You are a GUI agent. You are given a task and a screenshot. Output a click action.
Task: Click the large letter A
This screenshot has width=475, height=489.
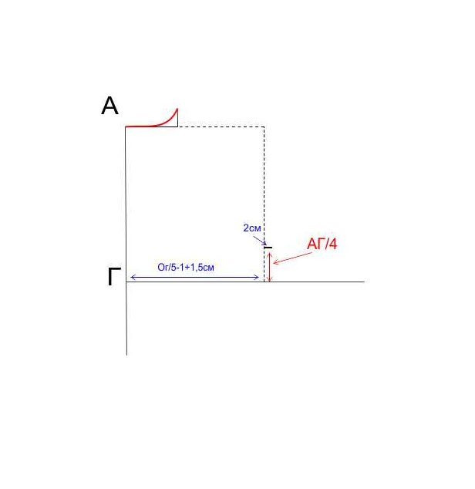coord(109,106)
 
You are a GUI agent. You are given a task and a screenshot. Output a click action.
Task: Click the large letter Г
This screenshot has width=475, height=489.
coord(114,276)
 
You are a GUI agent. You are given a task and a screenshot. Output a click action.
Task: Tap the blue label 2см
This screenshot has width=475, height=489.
coord(251,228)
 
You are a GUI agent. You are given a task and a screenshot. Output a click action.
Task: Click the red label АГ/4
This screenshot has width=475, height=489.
coord(322,244)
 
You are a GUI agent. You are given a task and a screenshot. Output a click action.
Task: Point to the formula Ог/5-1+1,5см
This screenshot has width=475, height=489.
coord(186,267)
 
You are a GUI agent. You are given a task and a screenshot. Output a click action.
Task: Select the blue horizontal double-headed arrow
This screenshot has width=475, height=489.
coord(194,277)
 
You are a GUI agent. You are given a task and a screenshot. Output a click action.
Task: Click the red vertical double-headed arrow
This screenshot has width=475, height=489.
coord(270,267)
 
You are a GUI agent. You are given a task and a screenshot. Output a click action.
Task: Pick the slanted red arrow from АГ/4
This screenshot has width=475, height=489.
coord(292,258)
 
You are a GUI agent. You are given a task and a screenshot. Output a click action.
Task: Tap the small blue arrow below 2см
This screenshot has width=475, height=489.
coord(260,241)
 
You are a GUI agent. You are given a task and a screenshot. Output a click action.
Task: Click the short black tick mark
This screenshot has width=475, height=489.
coord(268,248)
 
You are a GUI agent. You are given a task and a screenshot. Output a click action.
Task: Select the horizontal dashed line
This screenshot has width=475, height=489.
coord(221,127)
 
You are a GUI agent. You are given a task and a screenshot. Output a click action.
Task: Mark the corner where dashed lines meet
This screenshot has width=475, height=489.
coord(264,127)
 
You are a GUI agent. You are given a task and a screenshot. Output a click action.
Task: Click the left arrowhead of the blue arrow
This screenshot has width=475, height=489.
coord(132,277)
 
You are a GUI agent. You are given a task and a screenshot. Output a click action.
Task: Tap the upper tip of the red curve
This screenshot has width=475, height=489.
coord(177,109)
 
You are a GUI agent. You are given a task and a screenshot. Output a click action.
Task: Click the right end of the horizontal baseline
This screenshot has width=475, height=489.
coord(364,282)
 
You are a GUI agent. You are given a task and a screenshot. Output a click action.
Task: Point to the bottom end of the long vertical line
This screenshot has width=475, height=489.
coord(126,355)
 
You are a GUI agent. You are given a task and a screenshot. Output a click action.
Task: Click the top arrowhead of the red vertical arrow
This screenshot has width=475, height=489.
coord(270,254)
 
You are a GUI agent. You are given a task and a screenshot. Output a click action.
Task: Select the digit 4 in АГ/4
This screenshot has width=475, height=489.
coord(333,244)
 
